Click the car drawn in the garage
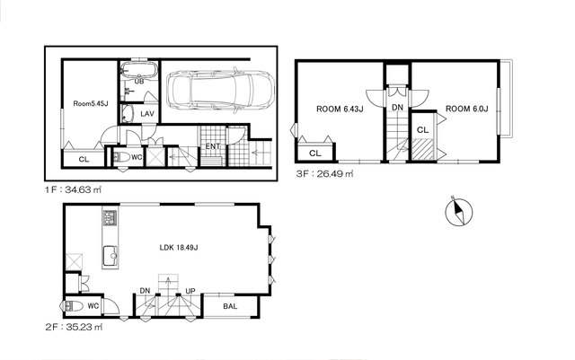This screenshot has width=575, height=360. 220,91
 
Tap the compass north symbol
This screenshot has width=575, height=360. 459,212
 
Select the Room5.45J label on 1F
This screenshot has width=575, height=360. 91,104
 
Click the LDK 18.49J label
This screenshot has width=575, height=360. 179,248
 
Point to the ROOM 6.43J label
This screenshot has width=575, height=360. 340,109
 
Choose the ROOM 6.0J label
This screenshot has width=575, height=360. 467,109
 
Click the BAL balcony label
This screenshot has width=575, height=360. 230,306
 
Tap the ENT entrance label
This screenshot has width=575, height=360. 213,146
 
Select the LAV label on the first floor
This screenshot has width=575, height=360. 147,114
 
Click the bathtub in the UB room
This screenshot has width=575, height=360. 139,69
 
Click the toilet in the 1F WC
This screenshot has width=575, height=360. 122,158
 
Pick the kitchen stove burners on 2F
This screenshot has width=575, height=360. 110,218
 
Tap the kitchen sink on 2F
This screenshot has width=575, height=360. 110,256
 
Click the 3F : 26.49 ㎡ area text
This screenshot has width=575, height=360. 325,174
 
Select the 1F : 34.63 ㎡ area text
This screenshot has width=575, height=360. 73,190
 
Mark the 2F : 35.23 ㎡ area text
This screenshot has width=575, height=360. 74,327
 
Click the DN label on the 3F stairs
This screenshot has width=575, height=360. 397,108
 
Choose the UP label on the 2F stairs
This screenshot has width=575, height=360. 190,291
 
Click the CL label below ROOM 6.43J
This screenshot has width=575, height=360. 315,154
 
